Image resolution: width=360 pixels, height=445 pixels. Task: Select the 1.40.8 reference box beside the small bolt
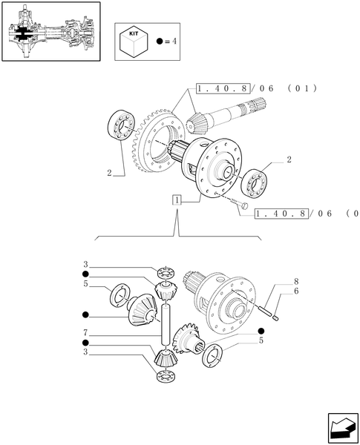[282, 214]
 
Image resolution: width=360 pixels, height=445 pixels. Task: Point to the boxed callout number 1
[177, 200]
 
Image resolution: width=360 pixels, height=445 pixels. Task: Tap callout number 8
[295, 282]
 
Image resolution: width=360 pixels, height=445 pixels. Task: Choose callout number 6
[295, 292]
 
